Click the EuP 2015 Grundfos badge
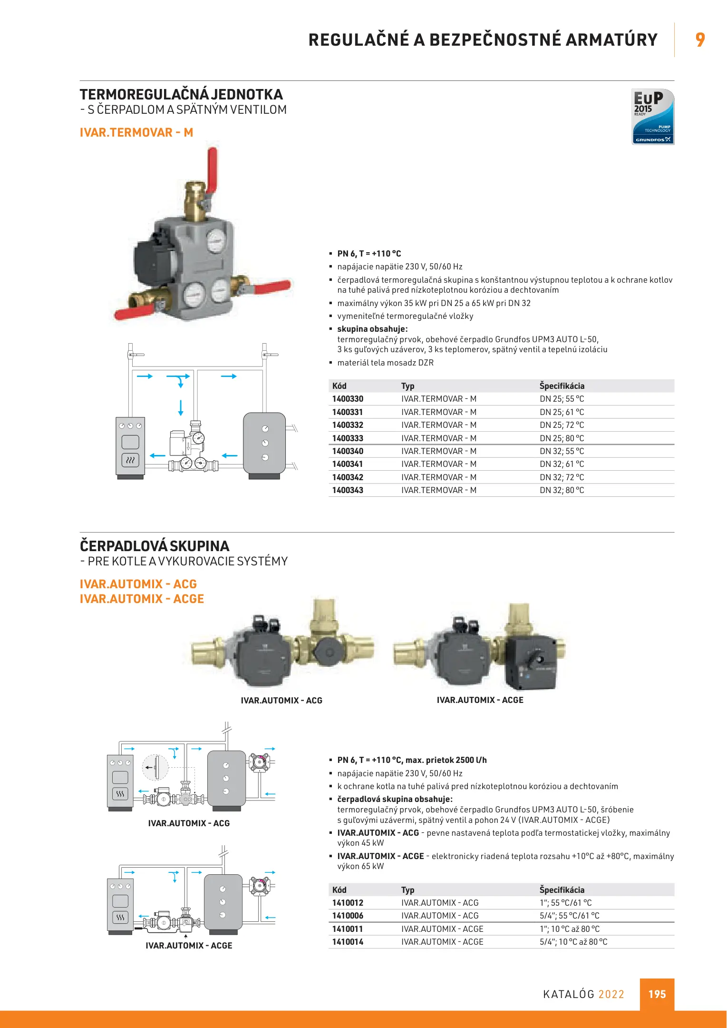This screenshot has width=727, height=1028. coord(652,117)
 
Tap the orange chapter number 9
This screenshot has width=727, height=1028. coord(700,40)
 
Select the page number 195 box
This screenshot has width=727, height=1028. coord(657,994)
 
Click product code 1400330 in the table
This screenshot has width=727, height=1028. coord(348,399)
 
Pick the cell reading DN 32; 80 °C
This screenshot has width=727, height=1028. coord(562,490)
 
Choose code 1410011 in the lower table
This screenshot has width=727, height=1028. coord(348,929)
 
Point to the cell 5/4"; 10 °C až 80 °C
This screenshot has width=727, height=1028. coord(573,941)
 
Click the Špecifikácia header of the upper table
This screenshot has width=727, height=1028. coord(562,386)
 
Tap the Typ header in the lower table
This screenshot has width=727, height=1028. coord(407,890)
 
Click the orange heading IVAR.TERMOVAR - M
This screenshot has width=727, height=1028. coord(136,132)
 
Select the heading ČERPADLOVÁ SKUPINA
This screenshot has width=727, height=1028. coord(155,546)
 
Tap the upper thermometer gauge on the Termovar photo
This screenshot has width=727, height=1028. coord(216,241)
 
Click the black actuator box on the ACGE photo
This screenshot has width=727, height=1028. coord(531,662)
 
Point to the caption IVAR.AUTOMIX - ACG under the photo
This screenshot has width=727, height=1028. coord(281,701)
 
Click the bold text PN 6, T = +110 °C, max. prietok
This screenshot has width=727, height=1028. coord(412,760)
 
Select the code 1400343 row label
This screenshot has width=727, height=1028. coord(348,490)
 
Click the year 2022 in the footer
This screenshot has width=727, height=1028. coord(611,994)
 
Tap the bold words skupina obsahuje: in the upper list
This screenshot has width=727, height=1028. coord(372,329)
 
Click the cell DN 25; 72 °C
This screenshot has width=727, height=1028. coord(562,425)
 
